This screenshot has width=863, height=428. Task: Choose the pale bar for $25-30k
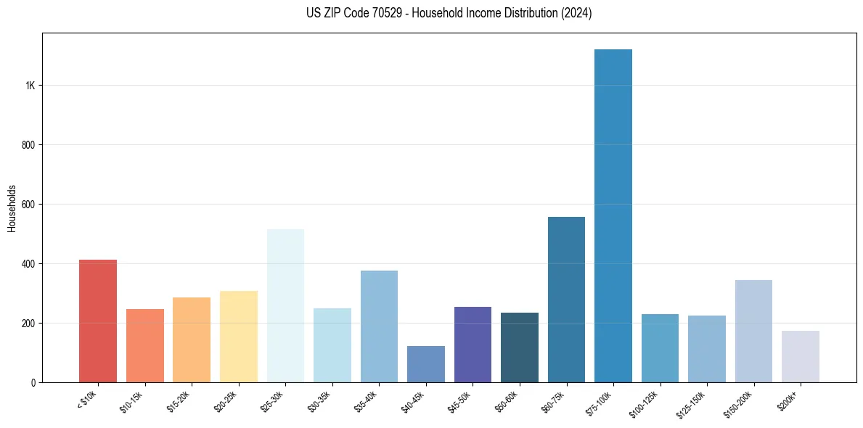pos(285,305)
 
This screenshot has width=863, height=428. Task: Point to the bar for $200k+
pos(801,356)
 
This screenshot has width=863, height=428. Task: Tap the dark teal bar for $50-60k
pos(520,347)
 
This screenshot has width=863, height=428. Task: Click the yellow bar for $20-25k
pos(239,337)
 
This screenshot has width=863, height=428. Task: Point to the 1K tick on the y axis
pos(30,86)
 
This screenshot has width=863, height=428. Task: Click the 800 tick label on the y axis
pos(29,145)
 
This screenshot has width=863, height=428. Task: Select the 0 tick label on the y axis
pos(33,382)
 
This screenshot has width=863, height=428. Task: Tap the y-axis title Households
pos(12,208)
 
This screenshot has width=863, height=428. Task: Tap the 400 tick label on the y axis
pos(29,264)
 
